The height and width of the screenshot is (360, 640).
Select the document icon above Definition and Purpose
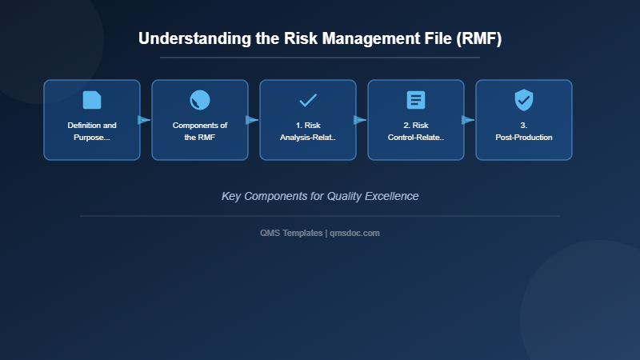point(92,100)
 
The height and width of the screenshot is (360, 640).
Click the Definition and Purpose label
point(92,131)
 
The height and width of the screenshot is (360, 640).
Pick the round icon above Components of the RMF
point(200,100)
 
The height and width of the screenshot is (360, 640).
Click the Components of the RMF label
point(200,131)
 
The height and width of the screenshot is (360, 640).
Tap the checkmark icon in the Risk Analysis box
point(308,100)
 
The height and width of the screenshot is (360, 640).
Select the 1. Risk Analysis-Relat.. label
point(308,131)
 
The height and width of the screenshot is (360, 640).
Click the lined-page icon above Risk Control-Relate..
point(416,100)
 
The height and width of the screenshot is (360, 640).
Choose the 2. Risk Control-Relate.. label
point(416,131)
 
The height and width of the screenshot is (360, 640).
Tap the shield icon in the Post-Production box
point(524,100)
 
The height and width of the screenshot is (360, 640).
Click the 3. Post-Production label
point(524,131)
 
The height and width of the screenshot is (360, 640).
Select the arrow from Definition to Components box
point(145,120)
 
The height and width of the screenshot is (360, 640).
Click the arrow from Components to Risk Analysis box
point(253,120)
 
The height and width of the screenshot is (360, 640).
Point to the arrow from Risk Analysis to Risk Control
point(361,120)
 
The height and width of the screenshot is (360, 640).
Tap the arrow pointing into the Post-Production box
point(469,120)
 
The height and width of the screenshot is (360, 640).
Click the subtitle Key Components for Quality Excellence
point(320,196)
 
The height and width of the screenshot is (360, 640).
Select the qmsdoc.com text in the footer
point(354,233)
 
